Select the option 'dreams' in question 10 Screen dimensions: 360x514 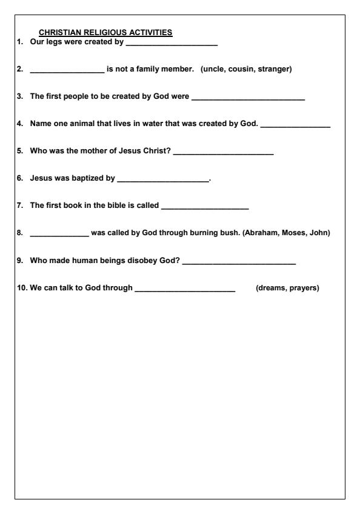coord(272,287)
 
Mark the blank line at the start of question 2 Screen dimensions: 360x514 coord(67,71)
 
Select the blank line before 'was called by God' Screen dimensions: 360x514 coord(59,235)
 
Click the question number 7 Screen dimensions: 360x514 coord(19,205)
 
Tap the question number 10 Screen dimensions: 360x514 coord(21,287)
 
